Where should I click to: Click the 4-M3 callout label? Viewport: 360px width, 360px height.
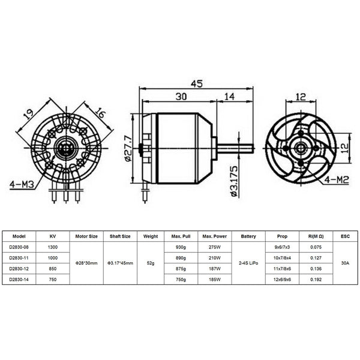[x=23, y=183]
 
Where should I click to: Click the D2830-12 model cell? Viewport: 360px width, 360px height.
[x=19, y=268]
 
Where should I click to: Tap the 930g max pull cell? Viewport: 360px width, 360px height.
[x=180, y=247]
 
